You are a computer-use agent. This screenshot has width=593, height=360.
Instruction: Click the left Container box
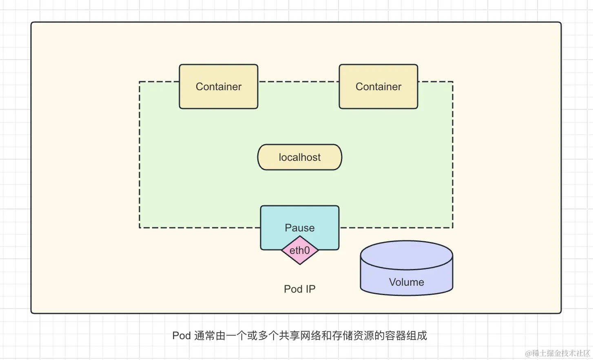219,98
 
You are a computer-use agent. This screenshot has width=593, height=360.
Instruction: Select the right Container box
378,98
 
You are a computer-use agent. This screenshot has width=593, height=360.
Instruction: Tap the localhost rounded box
300,157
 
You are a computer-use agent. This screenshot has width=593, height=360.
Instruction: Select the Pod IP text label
300,289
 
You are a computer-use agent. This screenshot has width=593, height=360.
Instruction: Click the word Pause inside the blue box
300,228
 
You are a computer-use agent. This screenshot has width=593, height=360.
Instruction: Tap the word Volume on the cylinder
407,282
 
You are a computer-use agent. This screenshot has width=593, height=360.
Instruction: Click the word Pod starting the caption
181,336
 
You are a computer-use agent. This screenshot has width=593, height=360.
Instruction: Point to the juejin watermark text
558,353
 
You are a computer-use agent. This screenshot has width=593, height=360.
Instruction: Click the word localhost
300,157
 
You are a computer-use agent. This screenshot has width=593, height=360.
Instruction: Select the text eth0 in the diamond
300,250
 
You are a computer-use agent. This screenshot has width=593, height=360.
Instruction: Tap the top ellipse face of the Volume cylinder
407,255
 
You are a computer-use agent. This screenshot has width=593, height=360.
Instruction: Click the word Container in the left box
219,87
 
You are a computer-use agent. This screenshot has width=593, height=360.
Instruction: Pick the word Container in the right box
378,87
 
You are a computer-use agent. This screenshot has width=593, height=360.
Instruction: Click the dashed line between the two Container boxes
299,82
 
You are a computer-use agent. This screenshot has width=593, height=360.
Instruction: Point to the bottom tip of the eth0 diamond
300,264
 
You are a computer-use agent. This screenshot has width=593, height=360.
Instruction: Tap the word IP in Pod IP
310,289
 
